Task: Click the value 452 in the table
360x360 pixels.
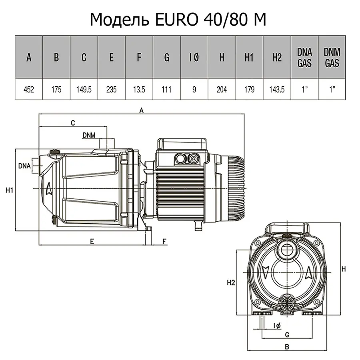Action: coord(28,90)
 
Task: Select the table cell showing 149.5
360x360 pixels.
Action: coord(84,90)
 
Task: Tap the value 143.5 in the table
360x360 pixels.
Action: coord(277,90)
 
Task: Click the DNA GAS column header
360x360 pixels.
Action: coord(304,58)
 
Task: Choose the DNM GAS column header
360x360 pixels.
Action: coord(332,58)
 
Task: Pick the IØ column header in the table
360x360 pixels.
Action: coord(194,58)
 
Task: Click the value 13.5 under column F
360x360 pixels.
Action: coord(139,90)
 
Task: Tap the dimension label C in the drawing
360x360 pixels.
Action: coord(73,123)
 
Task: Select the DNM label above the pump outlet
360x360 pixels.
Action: coord(89,135)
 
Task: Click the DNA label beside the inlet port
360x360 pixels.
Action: coord(24,166)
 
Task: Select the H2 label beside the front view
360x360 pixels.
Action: coord(230,283)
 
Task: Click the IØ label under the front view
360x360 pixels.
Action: coord(277,326)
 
